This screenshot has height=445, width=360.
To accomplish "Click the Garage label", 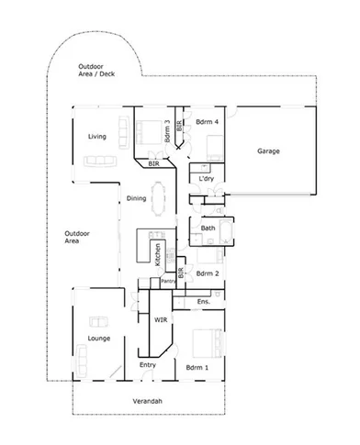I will click(268, 150).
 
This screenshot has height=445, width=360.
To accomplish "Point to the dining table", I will click(162, 198).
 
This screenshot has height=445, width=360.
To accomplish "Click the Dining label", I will click(136, 198).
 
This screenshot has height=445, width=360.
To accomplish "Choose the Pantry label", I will click(167, 281).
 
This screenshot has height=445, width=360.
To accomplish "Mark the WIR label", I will click(160, 320).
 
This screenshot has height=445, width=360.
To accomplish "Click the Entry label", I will click(147, 365).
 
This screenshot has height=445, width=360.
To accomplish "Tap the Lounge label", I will click(99, 339).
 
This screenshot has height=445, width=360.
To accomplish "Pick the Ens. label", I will click(205, 301).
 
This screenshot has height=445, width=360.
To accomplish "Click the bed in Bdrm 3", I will click(147, 132).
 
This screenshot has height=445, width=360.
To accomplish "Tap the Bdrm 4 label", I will click(204, 121).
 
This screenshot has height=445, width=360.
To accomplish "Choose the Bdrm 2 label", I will click(208, 273).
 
